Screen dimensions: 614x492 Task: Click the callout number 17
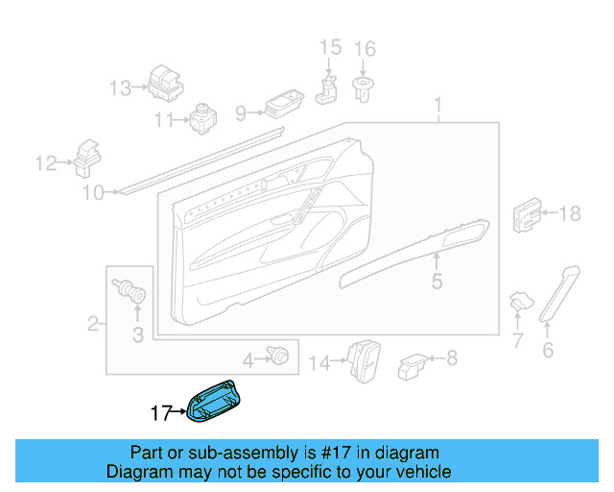point(161,414)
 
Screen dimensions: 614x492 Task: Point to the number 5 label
point(437,282)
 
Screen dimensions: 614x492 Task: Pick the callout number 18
point(570,214)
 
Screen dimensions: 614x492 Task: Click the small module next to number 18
point(529,214)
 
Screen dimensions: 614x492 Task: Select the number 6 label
point(548,351)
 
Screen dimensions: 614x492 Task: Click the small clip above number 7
point(519,301)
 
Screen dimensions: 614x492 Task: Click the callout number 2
point(94,325)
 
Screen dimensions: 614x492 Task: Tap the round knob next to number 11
point(202,119)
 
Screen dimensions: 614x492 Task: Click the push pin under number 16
point(364,91)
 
